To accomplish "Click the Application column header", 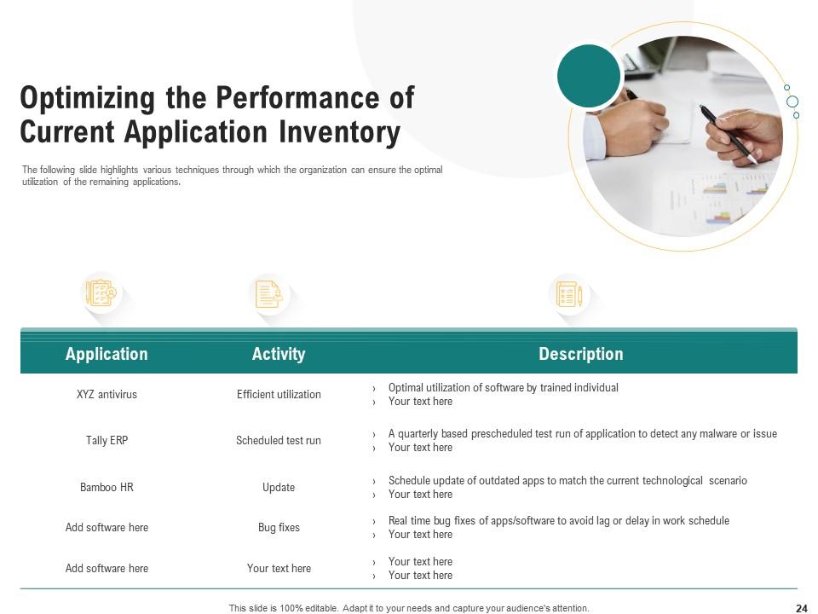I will coord(107,354).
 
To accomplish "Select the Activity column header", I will coord(279,354).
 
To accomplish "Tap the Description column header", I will coord(580,354).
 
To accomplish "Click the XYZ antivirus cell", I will coord(107,395).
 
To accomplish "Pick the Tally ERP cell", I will coord(107,441).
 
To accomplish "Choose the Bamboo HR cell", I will coord(107,488).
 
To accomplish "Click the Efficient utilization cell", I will coord(279,395).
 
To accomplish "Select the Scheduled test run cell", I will coord(279,441).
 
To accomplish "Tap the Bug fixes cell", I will coord(279,528).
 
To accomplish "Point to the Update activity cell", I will coord(279,488).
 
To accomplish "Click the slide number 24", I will coord(801,608).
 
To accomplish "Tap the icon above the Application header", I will coord(101,293).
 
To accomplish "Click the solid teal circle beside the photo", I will coord(589,76).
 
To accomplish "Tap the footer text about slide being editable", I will coord(409,608).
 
